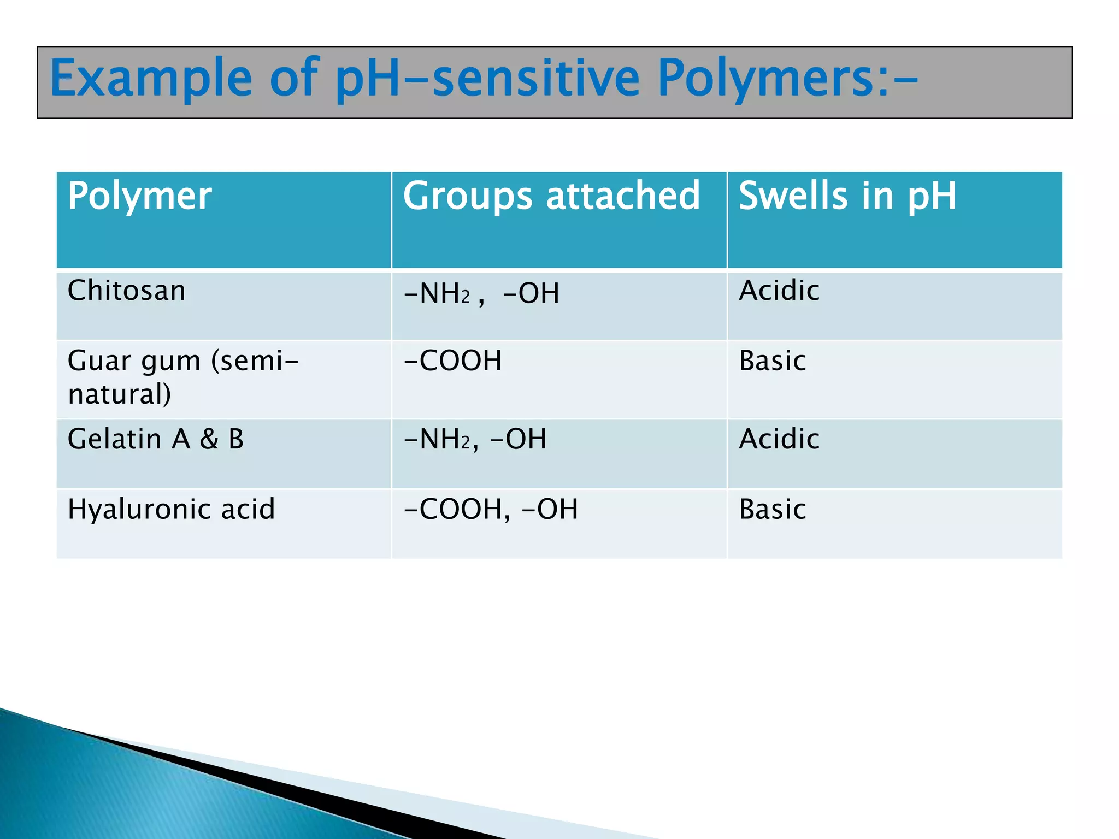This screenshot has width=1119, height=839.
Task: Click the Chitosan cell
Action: [x=127, y=290]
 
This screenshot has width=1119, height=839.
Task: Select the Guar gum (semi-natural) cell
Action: [x=183, y=377]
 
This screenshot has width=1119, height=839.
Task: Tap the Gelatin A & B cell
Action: [x=156, y=439]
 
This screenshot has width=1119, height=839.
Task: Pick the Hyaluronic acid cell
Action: [x=171, y=509]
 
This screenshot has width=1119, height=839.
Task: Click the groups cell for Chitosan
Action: [x=481, y=293]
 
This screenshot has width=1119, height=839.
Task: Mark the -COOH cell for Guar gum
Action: [x=452, y=361]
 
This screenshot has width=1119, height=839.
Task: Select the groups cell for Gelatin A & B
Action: [x=474, y=439]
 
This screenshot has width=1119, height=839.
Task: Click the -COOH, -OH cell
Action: [x=490, y=509]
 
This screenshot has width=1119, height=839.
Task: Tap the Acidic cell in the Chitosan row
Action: [x=779, y=290]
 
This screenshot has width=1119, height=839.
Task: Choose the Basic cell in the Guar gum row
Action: [x=772, y=361]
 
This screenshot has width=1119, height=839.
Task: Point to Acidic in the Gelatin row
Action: [x=779, y=439]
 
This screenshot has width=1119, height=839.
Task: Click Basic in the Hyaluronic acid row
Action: [x=772, y=509]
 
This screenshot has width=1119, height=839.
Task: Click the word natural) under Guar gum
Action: [x=120, y=394]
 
